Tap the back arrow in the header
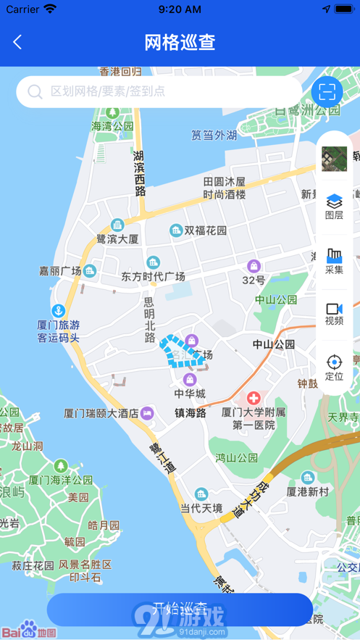17,43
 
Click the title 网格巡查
180,43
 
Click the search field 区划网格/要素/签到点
159,91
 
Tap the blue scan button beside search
327,91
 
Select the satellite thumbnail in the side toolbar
334,158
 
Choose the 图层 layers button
334,206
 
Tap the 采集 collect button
334,261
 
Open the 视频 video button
334,314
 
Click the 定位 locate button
334,367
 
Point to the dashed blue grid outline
180,352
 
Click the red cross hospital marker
254,398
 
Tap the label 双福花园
205,230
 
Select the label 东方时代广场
153,276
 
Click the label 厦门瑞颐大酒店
101,413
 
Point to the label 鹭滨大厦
117,238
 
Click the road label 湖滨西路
139,173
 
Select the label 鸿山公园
236,458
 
